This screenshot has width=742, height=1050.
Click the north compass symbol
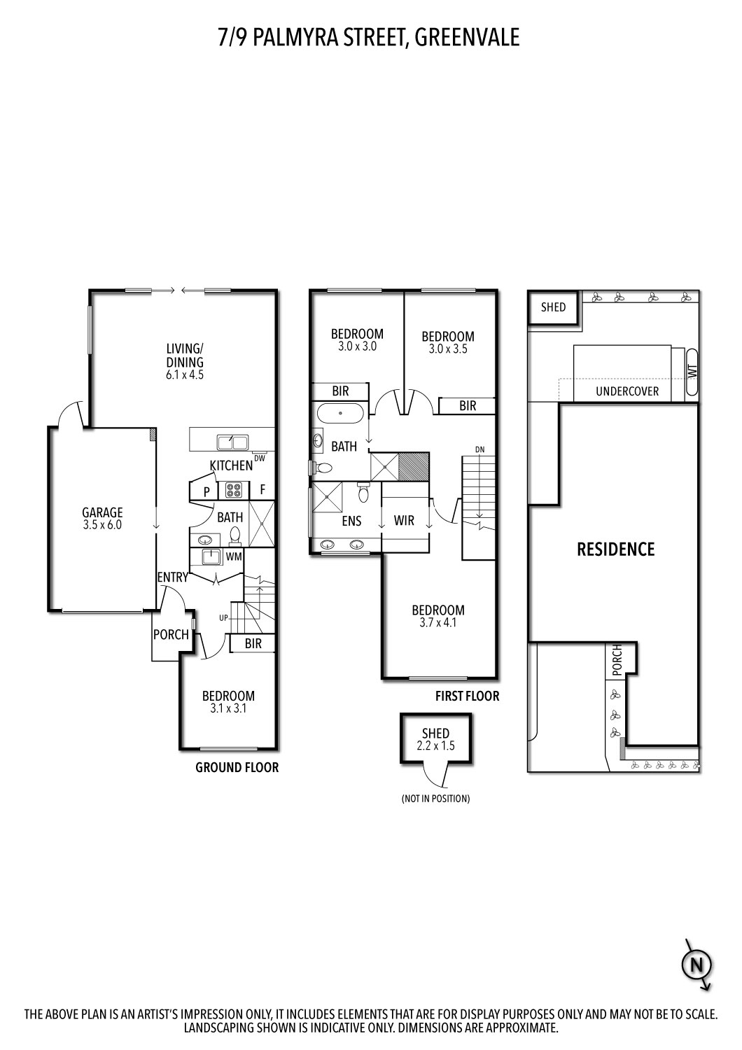pos(696,965)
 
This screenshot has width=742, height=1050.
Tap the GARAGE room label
pos(102,512)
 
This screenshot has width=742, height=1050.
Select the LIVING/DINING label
pos(185,355)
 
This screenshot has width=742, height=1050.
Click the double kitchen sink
pos(232,442)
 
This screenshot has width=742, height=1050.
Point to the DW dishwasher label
pos(259,458)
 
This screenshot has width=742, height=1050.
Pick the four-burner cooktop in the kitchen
pos(232,490)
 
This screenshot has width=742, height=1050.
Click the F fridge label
pos(262,490)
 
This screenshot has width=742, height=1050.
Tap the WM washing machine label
pos(233,556)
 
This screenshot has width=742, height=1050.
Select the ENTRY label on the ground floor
pos(172,577)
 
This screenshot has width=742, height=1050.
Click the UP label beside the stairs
pos(223,617)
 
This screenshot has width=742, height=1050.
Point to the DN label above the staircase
pos(479,449)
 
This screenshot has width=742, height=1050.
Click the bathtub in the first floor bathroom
pos(340,414)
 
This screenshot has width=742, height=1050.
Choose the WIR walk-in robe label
pos(404,520)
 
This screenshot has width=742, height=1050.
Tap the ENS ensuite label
pos(351,521)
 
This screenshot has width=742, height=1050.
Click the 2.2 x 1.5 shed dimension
pos(435,746)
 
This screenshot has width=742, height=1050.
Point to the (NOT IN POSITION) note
pos(435,798)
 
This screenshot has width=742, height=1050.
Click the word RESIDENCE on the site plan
pos(615,549)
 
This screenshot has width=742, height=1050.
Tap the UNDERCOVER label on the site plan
pos(627,391)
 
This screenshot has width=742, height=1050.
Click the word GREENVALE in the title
pos(467,37)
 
